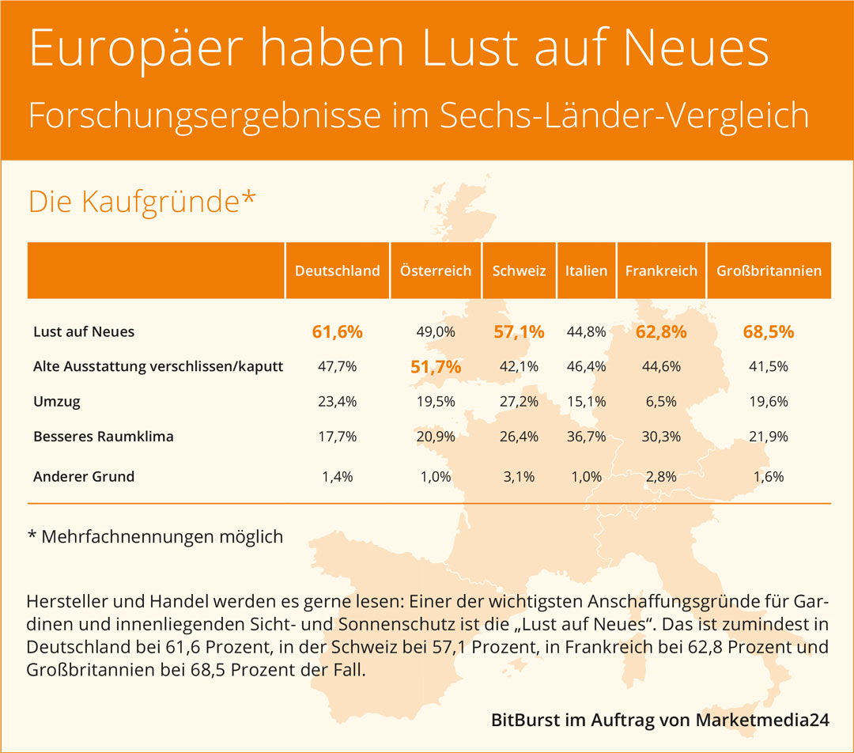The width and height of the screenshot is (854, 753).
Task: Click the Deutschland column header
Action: [338, 271]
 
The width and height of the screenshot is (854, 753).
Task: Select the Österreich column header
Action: [436, 271]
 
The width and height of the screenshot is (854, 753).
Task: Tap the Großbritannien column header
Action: [769, 271]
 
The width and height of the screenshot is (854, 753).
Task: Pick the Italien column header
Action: [586, 271]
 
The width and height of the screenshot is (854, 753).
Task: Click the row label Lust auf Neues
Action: [84, 332]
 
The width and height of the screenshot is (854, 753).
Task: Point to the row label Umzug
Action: [57, 402]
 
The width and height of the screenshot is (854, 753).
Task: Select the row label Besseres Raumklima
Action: [104, 437]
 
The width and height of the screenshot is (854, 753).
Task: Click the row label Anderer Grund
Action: [84, 477]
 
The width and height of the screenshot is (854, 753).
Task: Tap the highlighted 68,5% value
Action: [768, 332]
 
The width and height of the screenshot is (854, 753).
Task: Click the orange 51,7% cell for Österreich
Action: [436, 367]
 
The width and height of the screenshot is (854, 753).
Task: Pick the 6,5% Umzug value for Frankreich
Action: [661, 402]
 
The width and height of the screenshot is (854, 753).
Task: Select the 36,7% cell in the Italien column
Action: [586, 437]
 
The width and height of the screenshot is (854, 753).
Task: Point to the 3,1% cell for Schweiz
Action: [519, 477]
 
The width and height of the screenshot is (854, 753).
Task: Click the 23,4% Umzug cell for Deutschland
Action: [338, 402]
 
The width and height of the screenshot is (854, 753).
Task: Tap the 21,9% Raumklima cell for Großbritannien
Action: [768, 437]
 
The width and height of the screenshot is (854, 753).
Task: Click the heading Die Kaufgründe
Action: [142, 202]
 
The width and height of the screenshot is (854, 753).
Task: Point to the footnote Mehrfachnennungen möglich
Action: [161, 537]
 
